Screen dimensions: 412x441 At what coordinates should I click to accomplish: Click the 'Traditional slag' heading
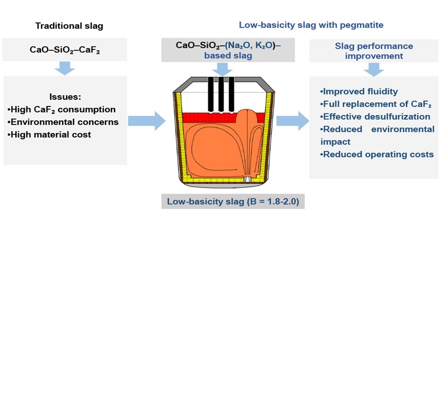click(69, 26)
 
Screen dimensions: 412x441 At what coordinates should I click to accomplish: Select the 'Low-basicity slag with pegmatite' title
click(311, 25)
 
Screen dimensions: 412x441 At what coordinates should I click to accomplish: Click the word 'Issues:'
click(65, 97)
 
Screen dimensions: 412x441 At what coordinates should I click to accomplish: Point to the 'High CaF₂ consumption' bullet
click(61, 109)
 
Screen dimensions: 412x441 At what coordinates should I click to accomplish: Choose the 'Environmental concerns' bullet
click(63, 122)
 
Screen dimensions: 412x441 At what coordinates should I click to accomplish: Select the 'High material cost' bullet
click(49, 135)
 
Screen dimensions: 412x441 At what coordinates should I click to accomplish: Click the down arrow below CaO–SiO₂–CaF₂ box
click(65, 68)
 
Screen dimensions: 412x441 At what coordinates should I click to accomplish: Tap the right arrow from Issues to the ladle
click(146, 121)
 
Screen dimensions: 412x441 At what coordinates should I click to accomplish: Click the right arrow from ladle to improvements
click(293, 121)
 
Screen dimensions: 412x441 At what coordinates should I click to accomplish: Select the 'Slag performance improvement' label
click(374, 51)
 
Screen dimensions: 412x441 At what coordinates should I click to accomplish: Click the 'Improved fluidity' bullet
click(359, 91)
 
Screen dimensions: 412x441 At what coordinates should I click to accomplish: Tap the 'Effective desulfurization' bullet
click(375, 117)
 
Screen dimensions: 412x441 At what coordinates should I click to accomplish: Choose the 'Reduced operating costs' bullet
click(377, 154)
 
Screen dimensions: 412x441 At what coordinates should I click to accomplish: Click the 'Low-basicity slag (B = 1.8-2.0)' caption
click(233, 201)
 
